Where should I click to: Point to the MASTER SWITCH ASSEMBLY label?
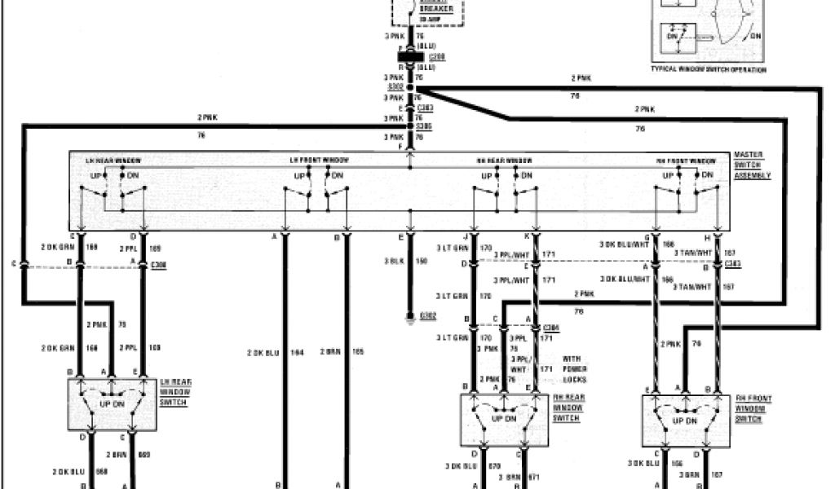tap(751, 164)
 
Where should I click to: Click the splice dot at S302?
tap(410, 87)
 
